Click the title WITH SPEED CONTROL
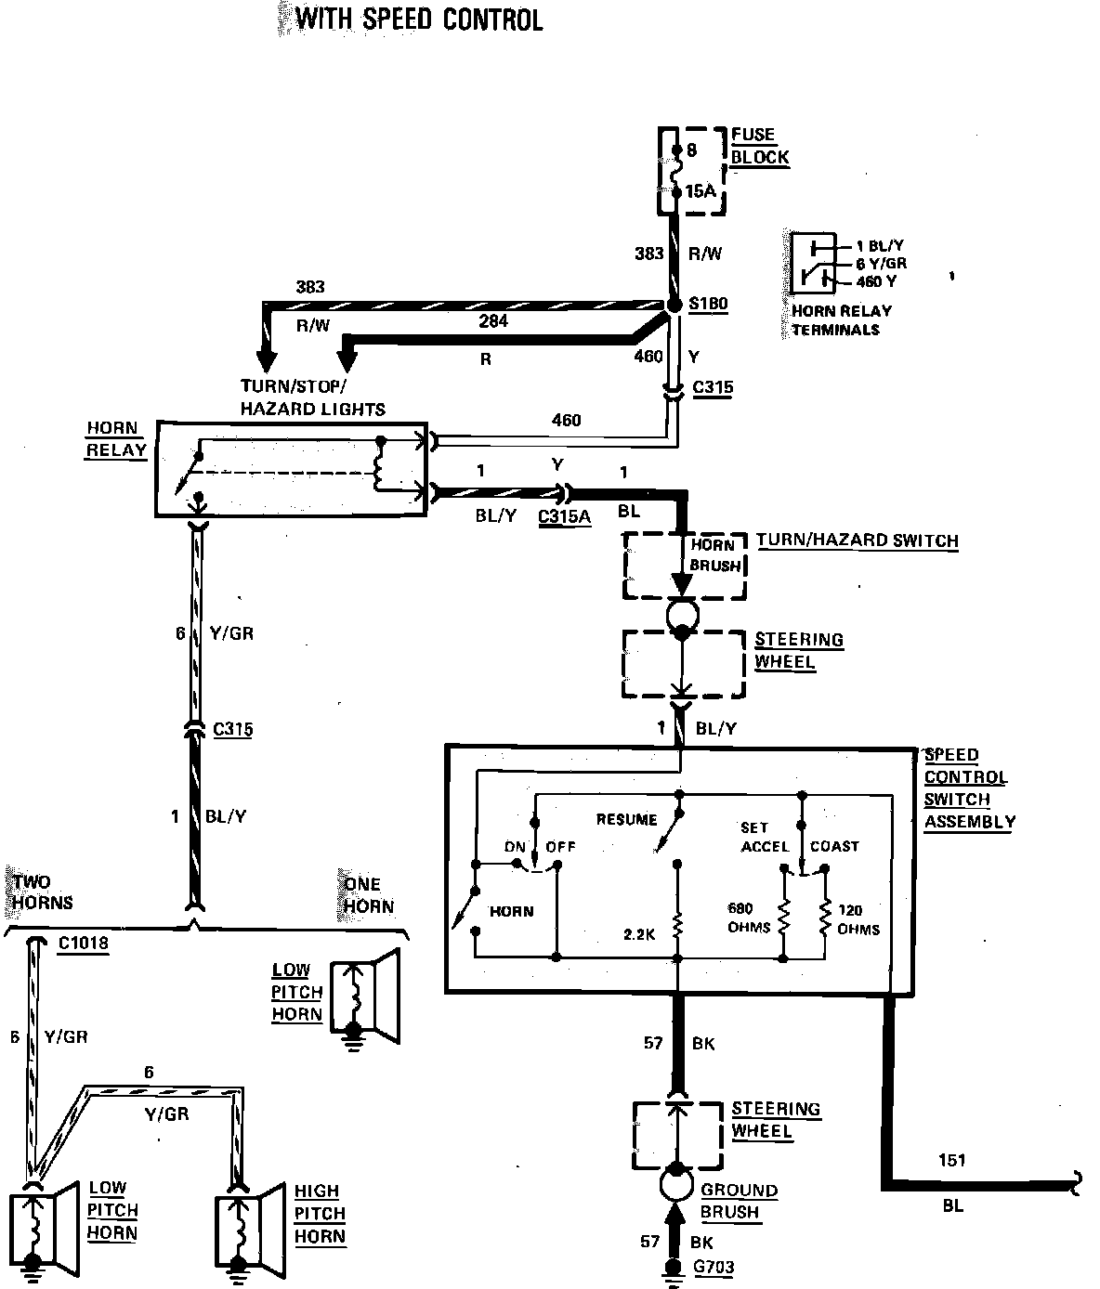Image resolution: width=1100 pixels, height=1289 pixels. (419, 20)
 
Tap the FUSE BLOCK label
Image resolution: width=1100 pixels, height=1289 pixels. (759, 146)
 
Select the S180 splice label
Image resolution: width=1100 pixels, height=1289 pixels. (708, 304)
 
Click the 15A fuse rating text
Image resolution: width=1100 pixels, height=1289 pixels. (701, 191)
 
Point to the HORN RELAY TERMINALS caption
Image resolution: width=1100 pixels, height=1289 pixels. (841, 320)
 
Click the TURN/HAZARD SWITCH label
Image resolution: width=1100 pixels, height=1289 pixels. (857, 540)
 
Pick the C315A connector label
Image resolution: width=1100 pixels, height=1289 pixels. (564, 516)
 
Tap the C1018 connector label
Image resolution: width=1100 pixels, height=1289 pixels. (83, 944)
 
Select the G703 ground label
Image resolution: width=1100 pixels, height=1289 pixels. (714, 1267)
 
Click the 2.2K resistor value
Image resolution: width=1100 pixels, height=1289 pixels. (639, 935)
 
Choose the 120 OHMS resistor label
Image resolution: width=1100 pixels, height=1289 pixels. (858, 919)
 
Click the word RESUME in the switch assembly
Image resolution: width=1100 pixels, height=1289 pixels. (626, 819)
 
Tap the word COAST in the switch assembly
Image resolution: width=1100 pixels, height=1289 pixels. (834, 846)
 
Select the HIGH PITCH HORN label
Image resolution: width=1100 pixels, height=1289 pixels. (320, 1213)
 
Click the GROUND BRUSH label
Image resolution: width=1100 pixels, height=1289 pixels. (739, 1201)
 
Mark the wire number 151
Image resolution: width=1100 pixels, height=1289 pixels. (952, 1159)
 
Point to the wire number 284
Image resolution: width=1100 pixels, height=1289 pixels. (493, 321)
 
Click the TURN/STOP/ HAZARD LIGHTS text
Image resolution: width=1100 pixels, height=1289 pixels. (313, 397)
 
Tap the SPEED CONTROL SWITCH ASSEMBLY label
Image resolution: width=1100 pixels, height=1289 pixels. (968, 788)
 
